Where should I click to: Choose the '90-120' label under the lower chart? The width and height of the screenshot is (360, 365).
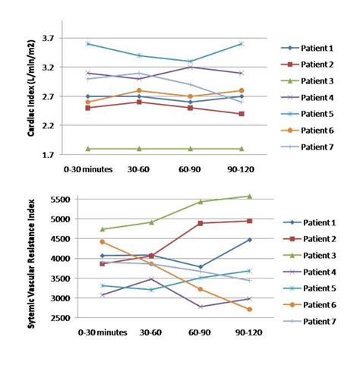[x=240, y=331]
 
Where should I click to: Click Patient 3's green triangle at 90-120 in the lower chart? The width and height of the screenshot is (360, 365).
[x=248, y=196]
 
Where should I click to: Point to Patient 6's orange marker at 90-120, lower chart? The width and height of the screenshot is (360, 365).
[x=248, y=310]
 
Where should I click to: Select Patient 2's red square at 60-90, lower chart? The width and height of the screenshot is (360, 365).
[x=200, y=223]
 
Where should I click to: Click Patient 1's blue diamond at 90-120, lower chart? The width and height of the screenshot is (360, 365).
[x=248, y=240]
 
